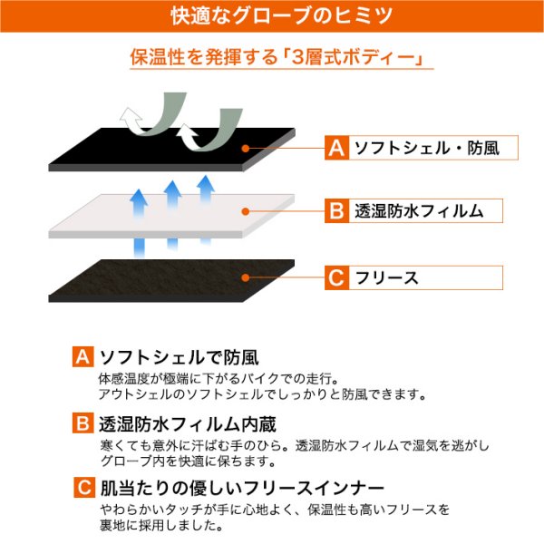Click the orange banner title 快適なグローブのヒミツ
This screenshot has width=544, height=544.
click(281, 16)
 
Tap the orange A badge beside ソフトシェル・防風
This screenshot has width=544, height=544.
click(336, 148)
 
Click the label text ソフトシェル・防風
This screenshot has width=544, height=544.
click(427, 148)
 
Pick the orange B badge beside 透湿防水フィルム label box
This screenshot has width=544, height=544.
click(336, 211)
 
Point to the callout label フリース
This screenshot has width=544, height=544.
click(387, 278)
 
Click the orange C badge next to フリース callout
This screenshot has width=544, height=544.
click(336, 277)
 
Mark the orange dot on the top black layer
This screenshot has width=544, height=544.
click(246, 149)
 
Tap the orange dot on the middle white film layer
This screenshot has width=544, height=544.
click(246, 211)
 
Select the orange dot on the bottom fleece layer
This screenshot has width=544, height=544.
click(246, 277)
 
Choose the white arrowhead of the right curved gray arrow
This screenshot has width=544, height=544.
click(188, 131)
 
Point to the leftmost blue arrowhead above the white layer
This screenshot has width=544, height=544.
click(139, 196)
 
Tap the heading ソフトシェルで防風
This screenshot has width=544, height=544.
click(179, 357)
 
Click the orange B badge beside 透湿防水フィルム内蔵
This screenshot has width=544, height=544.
click(83, 423)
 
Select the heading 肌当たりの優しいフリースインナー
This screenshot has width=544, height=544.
click(242, 488)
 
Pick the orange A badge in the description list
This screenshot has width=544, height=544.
click(83, 356)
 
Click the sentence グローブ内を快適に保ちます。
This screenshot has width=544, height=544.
click(188, 461)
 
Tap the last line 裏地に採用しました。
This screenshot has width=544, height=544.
click(161, 525)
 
